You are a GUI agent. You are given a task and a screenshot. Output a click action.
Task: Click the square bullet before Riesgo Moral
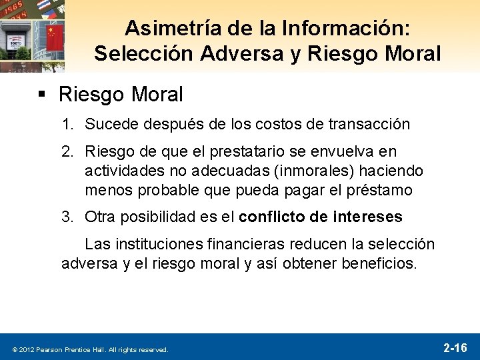42,95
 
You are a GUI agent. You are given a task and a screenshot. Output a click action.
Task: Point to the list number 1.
67,124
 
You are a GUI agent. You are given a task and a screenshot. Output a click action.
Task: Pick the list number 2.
67,153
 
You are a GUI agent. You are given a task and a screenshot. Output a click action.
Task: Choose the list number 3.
67,217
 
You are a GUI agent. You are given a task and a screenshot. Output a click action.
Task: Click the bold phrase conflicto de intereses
320,217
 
